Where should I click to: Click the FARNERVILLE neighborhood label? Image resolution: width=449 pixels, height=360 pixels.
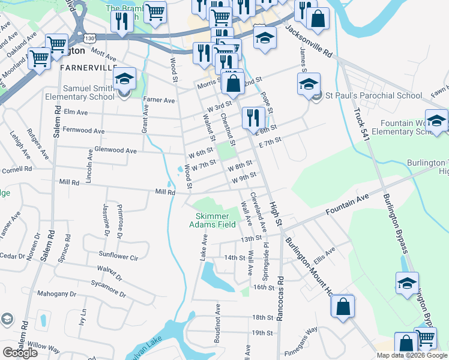coord(88,68)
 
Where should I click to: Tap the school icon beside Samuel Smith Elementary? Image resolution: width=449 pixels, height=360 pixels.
coord(125,80)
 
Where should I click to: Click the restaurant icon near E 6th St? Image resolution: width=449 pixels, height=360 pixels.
coord(254,118)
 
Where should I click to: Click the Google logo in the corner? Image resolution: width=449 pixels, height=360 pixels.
coord(20,353)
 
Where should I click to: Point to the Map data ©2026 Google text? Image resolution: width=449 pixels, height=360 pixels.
coord(412,355)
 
